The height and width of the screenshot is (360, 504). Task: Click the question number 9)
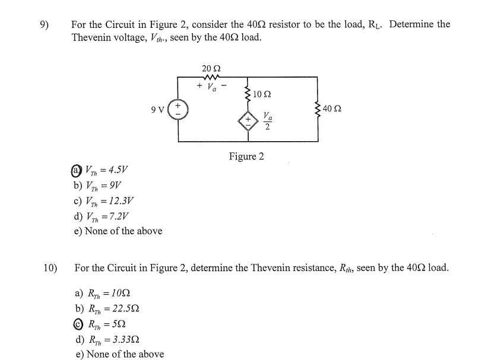click(44, 25)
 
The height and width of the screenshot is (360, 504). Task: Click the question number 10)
click(50, 268)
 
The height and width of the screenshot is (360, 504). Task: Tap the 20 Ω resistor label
click(211, 68)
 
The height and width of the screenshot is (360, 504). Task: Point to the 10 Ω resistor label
click(262, 94)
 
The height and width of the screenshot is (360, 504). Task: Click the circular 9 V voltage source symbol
click(179, 111)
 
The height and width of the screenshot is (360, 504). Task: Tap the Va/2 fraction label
click(268, 122)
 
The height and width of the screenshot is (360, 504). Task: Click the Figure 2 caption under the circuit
click(246, 157)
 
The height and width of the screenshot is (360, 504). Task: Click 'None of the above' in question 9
click(118, 231)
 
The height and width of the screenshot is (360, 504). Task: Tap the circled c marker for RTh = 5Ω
click(80, 324)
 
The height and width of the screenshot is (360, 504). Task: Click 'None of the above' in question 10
click(119, 354)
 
